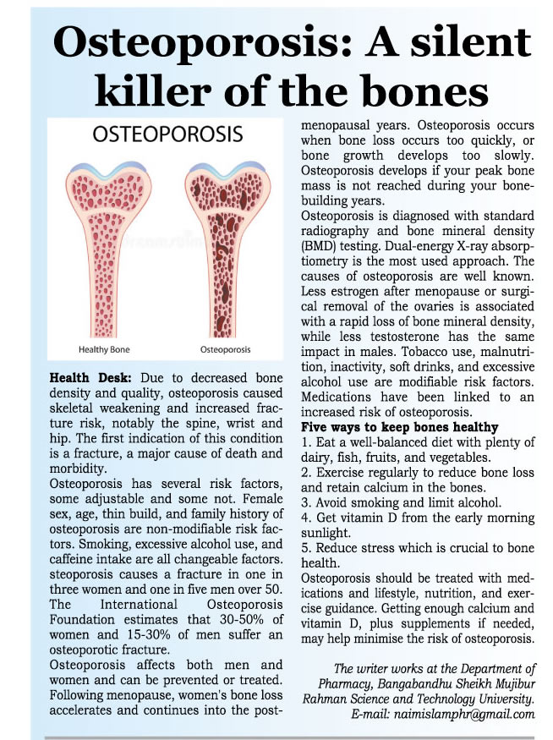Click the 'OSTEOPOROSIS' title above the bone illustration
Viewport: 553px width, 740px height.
166,135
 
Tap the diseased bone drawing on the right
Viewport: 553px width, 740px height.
227,245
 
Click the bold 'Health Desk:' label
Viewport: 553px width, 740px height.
85,376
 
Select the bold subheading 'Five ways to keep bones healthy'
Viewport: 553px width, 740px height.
399,426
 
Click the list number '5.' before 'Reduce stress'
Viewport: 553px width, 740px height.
306,548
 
